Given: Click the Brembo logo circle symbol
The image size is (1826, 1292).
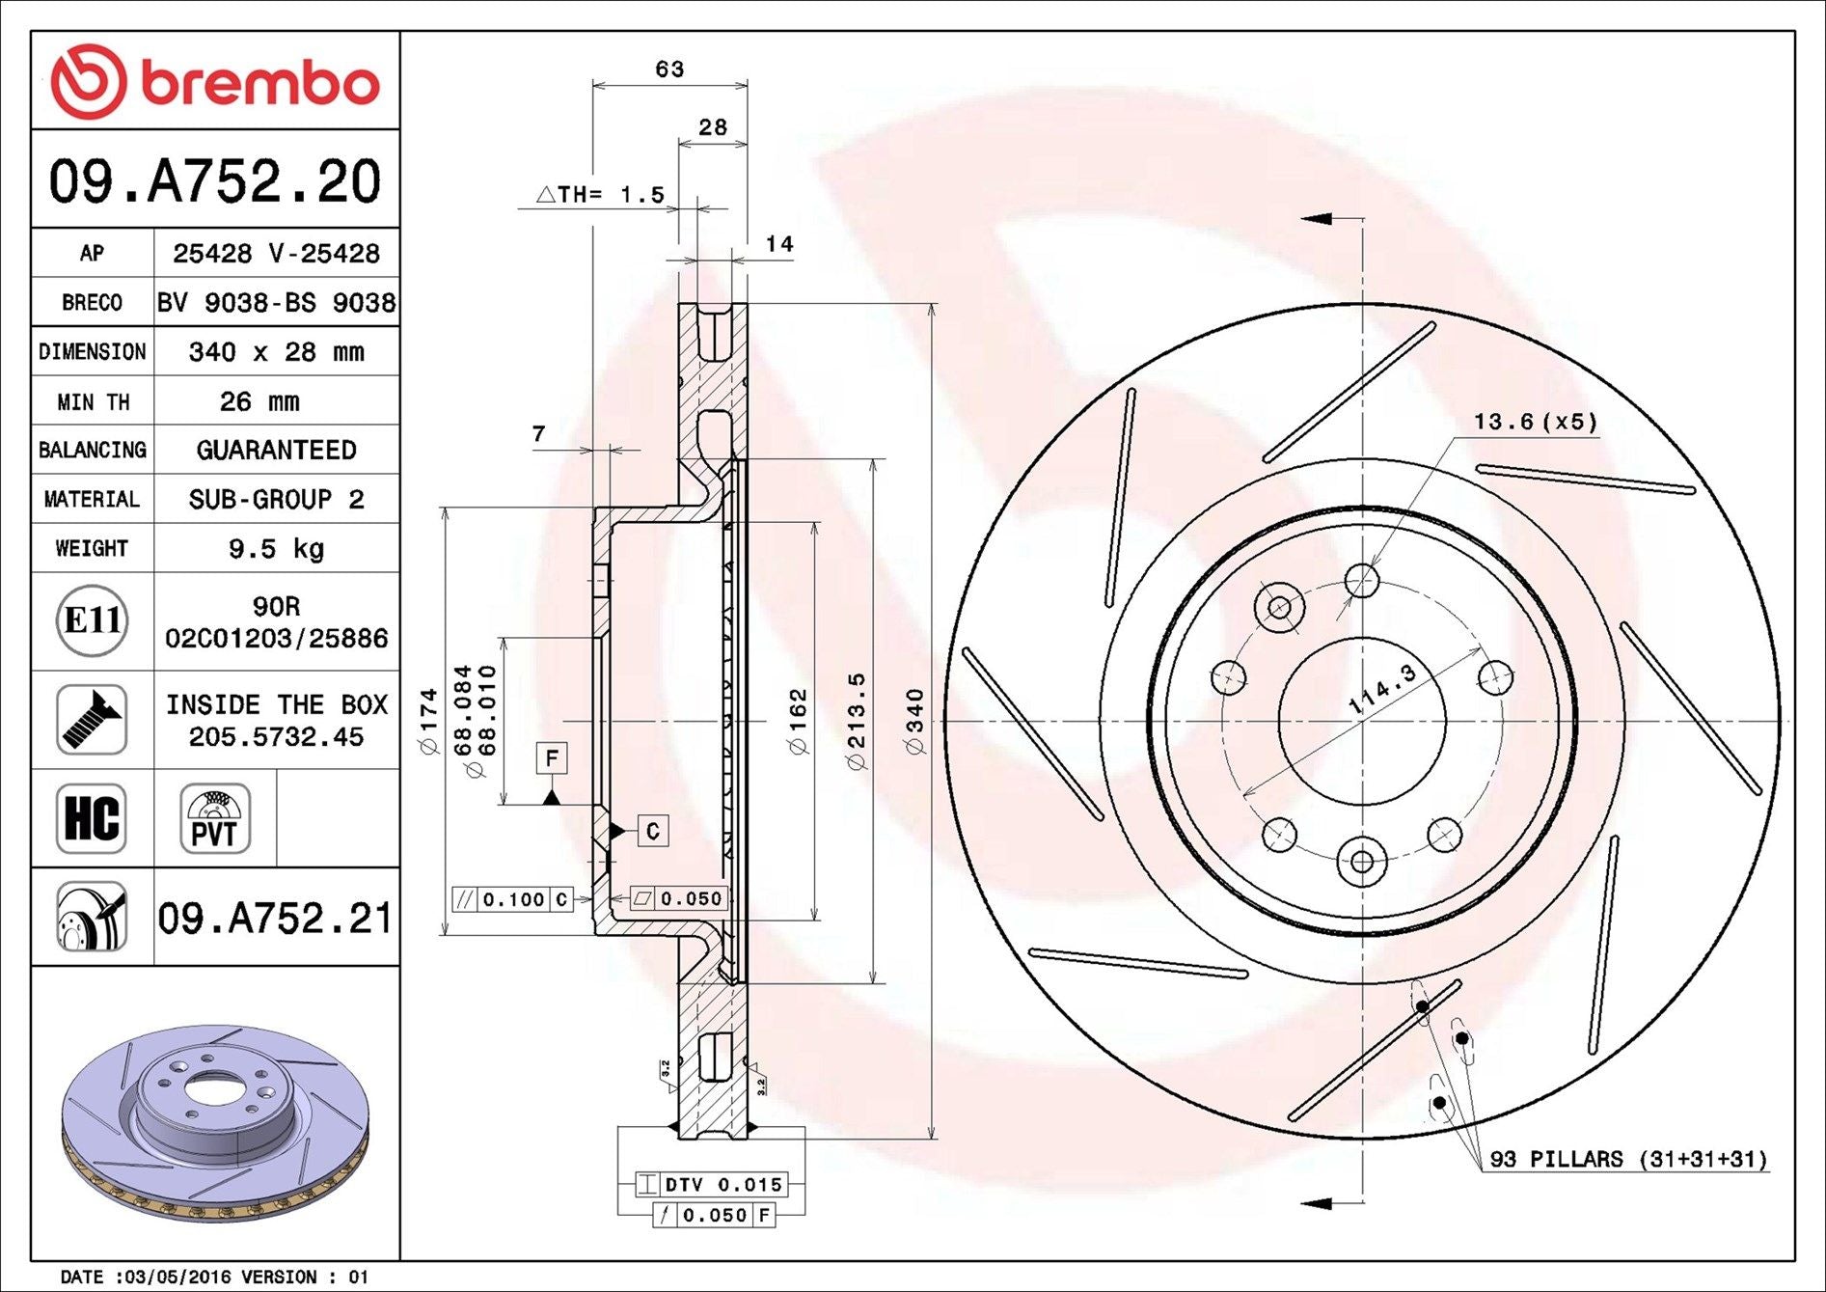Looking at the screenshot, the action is tap(88, 81).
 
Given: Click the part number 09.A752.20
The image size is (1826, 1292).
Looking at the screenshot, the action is tap(215, 180).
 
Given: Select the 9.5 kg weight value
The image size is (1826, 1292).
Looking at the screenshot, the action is tap(276, 548).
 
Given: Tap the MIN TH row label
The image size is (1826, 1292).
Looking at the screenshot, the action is tap(93, 401).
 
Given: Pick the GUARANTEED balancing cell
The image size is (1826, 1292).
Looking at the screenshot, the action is tap(276, 450).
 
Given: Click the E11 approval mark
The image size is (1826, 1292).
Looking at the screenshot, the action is tap(92, 620).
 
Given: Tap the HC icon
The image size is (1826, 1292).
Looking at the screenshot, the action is tap(92, 818).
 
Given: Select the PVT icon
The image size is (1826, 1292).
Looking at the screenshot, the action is tap(214, 818).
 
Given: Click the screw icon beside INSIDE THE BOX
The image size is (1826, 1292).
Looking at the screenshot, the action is tap(92, 720).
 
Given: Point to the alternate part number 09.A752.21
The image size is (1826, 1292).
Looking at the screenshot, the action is tap(276, 918).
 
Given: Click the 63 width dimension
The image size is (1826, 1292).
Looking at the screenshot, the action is tap(669, 69).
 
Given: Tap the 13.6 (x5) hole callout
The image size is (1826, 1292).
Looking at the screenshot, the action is tap(1535, 422).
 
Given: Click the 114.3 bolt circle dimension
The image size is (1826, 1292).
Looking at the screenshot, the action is tap(1381, 690).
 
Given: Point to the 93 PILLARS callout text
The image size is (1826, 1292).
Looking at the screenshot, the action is tap(1628, 1158).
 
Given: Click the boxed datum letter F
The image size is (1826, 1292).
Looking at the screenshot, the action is tap(552, 758).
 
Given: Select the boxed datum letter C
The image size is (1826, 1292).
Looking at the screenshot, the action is tap(653, 831).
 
